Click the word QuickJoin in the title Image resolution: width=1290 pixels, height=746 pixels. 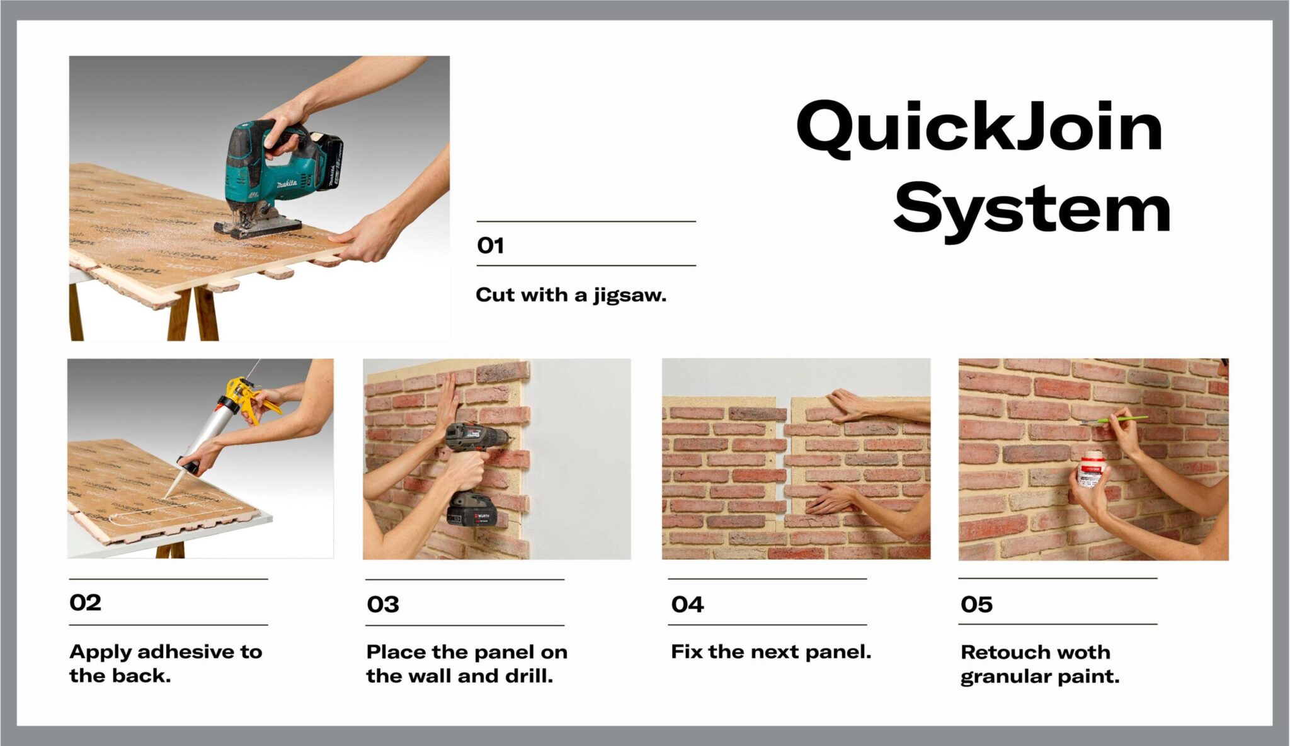pyautogui.click(x=979, y=128)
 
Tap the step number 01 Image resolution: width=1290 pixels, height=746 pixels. pyautogui.click(x=490, y=245)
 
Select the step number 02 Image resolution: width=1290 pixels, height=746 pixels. pyautogui.click(x=85, y=602)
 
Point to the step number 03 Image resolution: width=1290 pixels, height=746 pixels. pyautogui.click(x=383, y=604)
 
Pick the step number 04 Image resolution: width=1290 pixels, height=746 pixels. pyautogui.click(x=687, y=604)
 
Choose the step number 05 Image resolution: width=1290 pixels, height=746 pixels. pyautogui.click(x=976, y=604)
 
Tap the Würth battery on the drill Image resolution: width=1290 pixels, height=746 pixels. pyautogui.click(x=472, y=510)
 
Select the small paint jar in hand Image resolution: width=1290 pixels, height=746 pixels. pyautogui.click(x=1091, y=469)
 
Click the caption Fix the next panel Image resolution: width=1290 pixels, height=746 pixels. pyautogui.click(x=770, y=651)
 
